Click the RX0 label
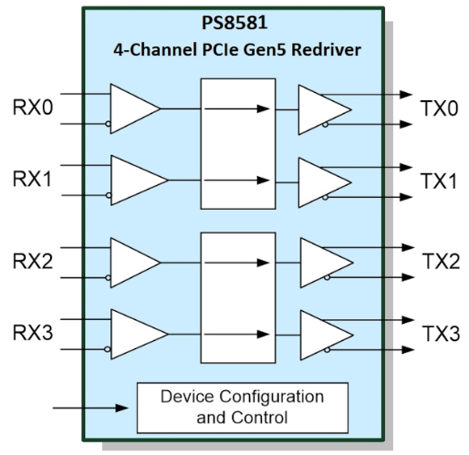click(x=33, y=108)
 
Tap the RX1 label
click(x=32, y=180)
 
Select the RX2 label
click(x=33, y=262)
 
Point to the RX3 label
click(x=33, y=333)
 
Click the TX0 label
click(x=439, y=109)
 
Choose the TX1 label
click(x=439, y=181)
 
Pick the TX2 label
click(x=441, y=262)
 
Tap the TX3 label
click(x=441, y=334)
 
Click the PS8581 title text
click(x=234, y=23)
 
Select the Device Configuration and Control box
click(x=243, y=408)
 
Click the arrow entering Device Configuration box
click(x=90, y=408)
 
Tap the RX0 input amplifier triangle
click(x=135, y=109)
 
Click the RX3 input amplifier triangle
click(x=139, y=334)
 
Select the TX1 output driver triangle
click(x=325, y=182)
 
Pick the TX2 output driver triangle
click(x=327, y=263)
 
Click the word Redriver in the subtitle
click(x=326, y=50)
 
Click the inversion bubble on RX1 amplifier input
click(x=109, y=195)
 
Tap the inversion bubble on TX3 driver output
click(x=327, y=350)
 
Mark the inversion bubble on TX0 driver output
click(x=325, y=124)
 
